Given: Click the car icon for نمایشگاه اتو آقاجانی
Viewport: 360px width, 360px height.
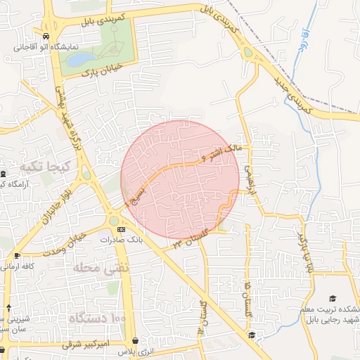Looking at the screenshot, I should tap(46, 35).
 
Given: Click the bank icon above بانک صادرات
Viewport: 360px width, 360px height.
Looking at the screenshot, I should tap(122, 230).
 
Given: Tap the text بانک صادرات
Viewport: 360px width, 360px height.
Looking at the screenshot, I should tap(116, 240).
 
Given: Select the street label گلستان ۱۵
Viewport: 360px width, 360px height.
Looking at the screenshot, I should tap(248, 298).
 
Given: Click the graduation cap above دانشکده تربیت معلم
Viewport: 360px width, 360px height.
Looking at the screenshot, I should tap(333, 299).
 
